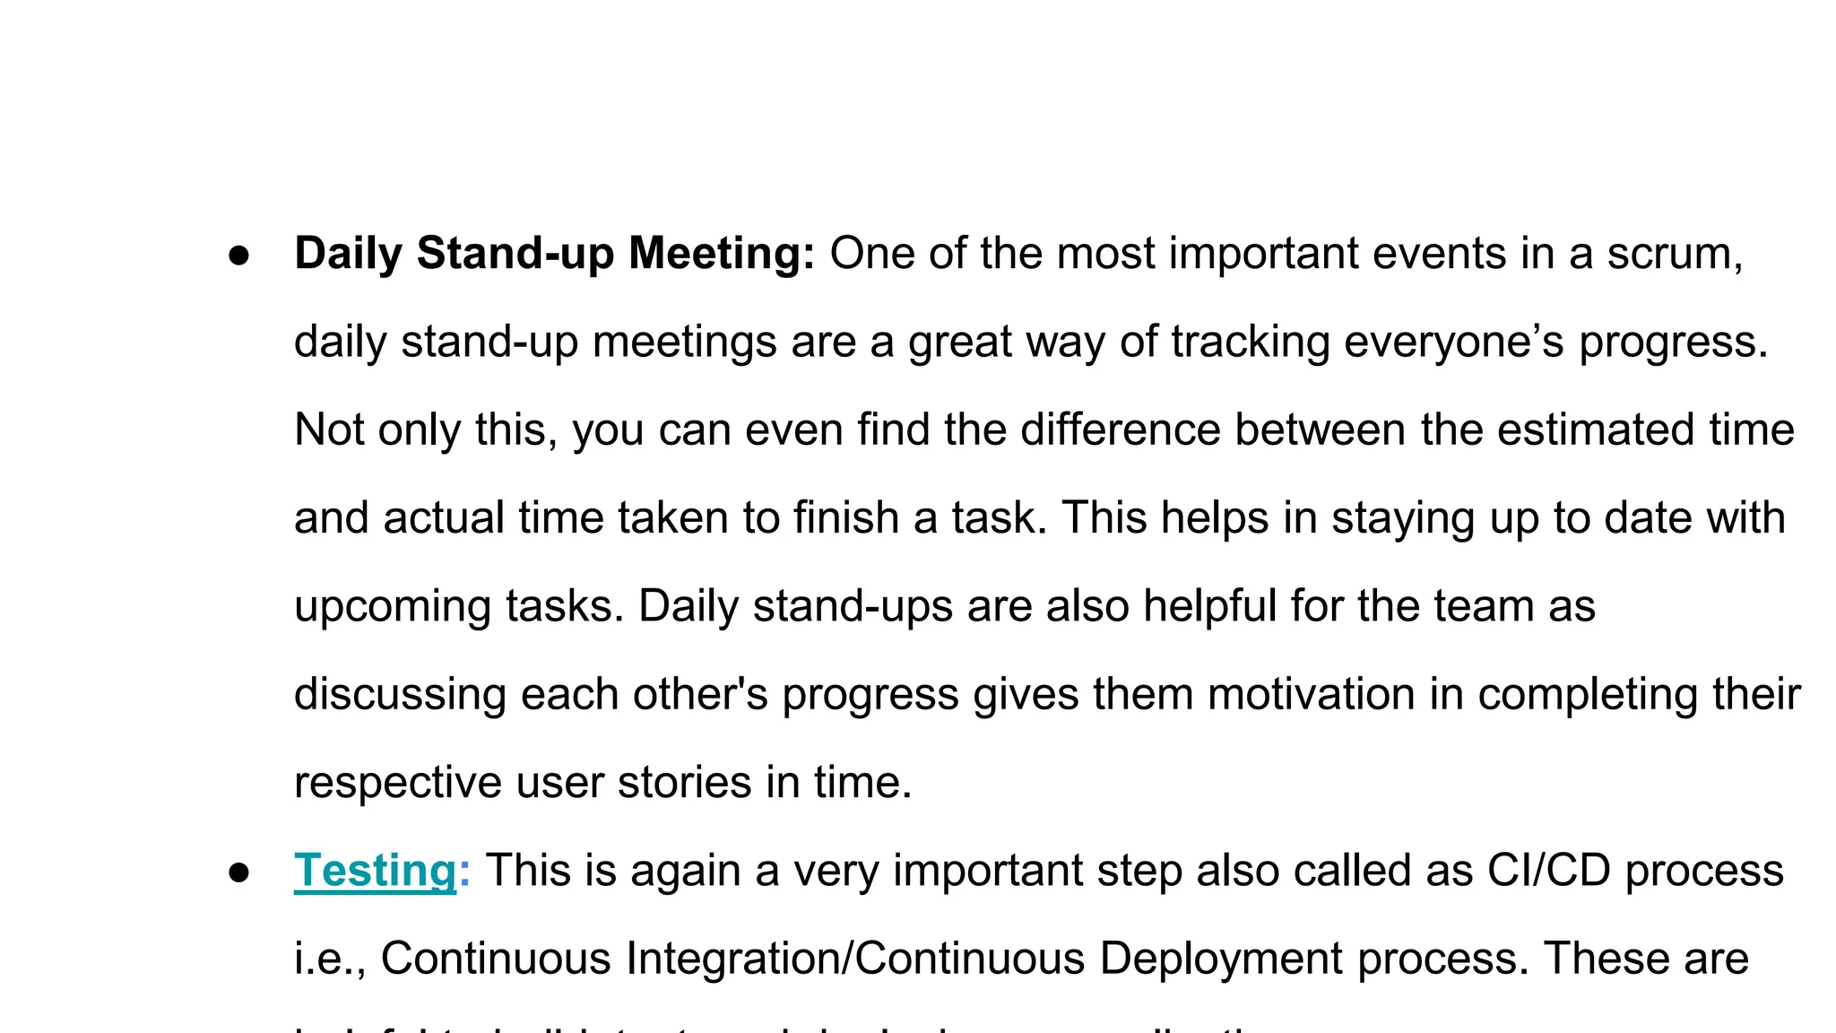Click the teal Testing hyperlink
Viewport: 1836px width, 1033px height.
(x=375, y=871)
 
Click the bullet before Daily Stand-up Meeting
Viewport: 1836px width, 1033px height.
(x=238, y=256)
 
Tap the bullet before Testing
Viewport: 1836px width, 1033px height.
(x=238, y=873)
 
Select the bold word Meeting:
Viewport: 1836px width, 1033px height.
(x=722, y=254)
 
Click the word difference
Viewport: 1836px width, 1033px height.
(x=1120, y=430)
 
